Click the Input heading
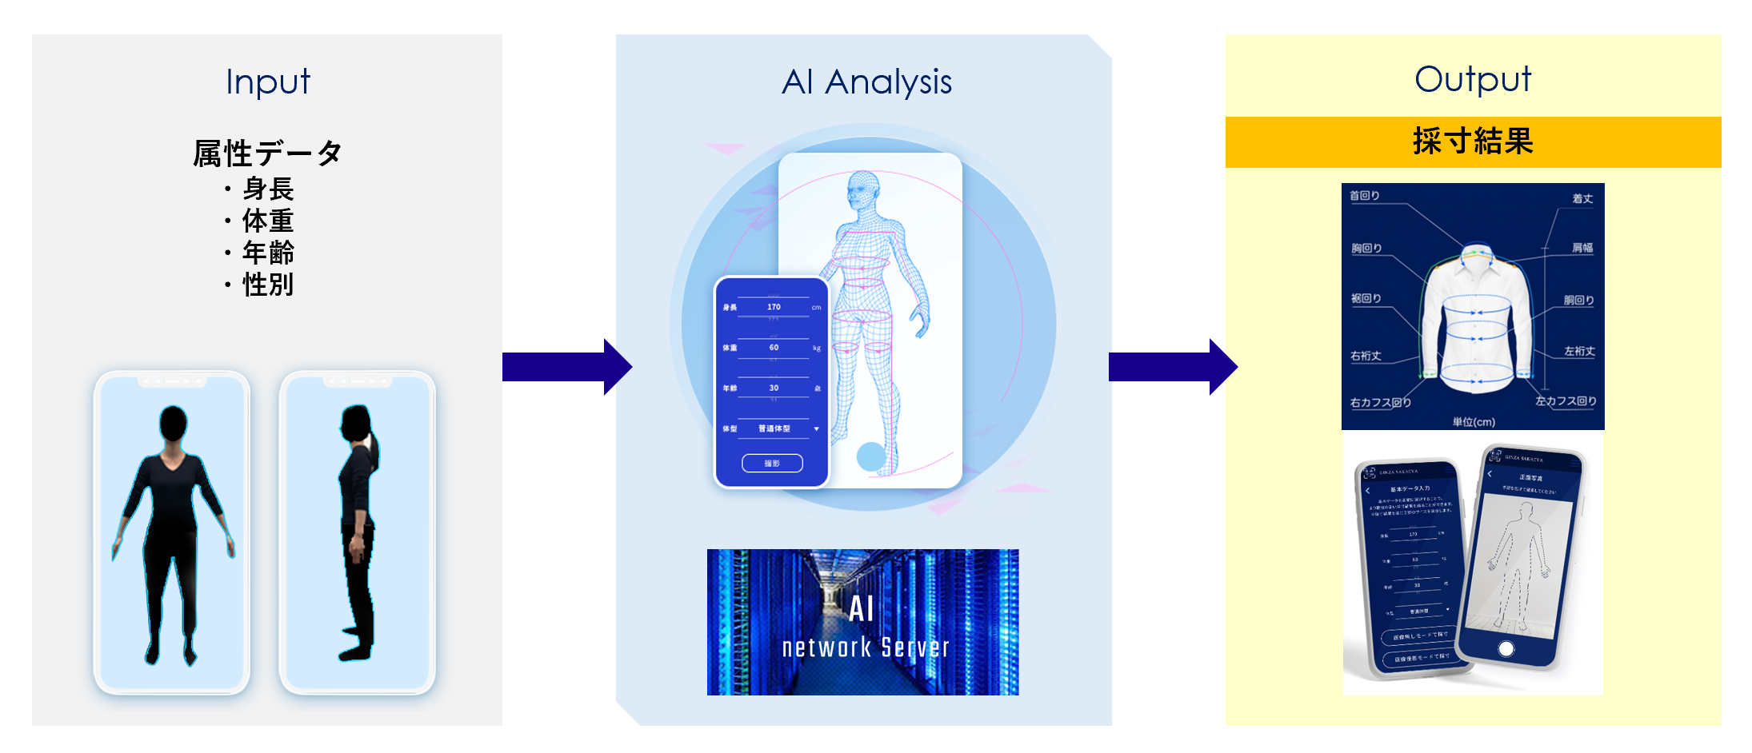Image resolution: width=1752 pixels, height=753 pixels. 267,82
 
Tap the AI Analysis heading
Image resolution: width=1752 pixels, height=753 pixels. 866,82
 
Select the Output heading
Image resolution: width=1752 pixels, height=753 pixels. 1472,79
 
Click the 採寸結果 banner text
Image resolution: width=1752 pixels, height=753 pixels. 1473,141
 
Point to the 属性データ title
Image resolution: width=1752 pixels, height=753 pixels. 267,153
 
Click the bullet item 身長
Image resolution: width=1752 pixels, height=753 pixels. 268,189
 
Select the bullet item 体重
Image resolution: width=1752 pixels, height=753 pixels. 268,221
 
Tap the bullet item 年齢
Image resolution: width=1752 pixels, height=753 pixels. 268,253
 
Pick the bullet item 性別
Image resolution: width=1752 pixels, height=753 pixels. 268,285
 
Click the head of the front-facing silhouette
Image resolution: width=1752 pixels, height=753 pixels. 173,423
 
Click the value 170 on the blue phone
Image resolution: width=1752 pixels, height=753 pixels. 774,307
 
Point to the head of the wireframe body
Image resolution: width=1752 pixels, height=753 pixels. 862,190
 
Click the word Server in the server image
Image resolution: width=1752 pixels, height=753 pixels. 915,647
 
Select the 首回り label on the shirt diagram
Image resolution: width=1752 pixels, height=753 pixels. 1364,196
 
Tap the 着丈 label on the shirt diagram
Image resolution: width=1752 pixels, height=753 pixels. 1582,199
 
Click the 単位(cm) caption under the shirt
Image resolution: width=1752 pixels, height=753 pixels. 1474,422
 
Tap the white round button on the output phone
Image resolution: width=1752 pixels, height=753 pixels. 1506,648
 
